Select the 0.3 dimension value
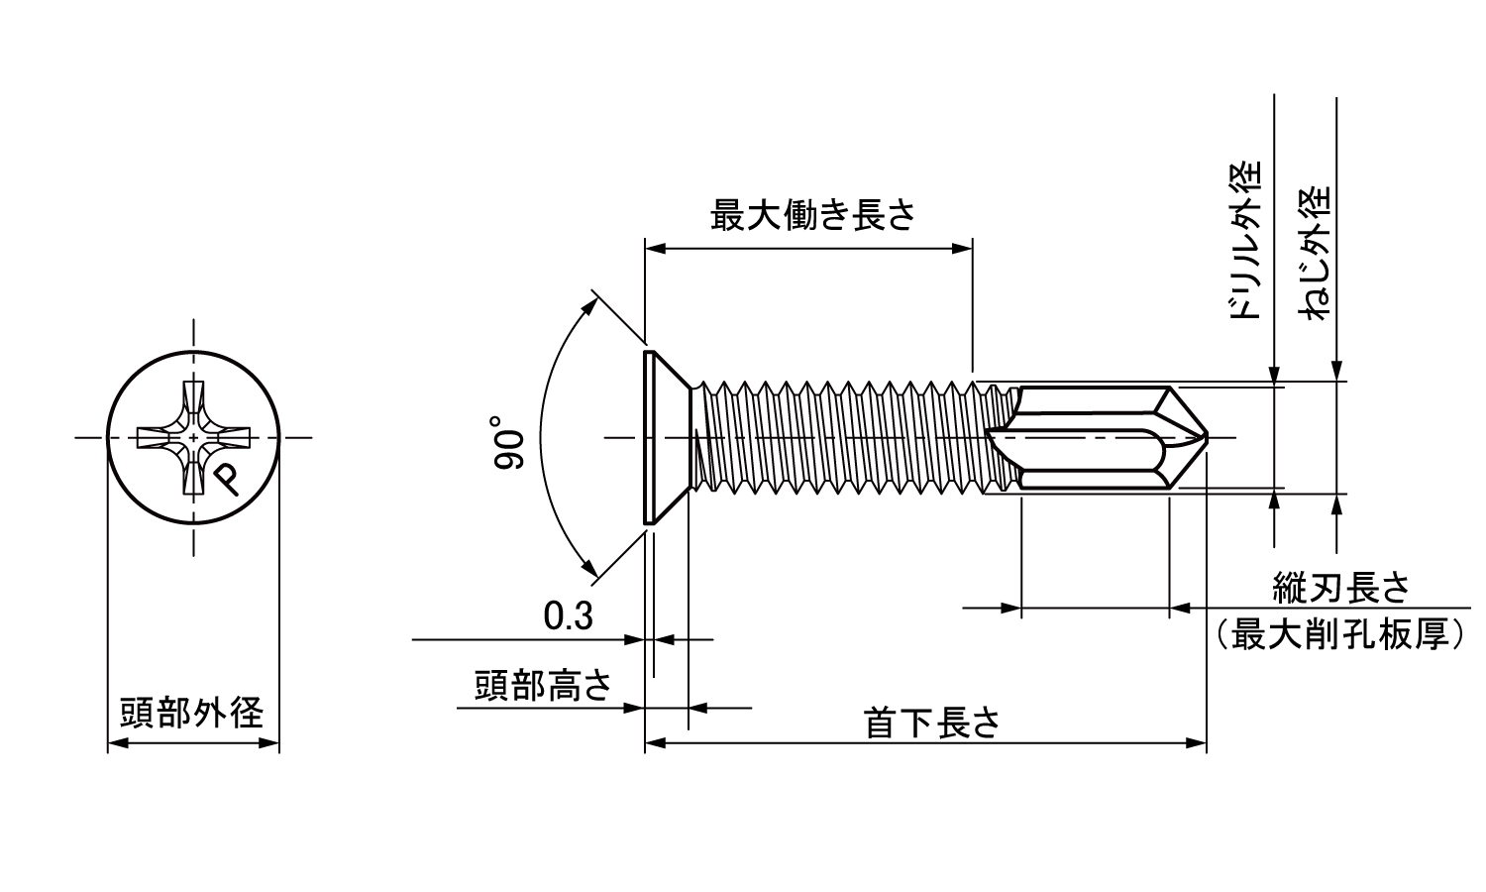(x=569, y=616)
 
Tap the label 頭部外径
(x=192, y=713)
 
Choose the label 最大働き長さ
(x=812, y=216)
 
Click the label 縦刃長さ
(x=1340, y=590)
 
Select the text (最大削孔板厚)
(x=1340, y=633)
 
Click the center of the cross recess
(x=194, y=437)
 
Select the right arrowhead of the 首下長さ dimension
(x=1198, y=741)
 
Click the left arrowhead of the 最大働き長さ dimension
(x=654, y=250)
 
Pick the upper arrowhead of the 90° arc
(x=590, y=304)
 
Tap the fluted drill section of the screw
(x=1100, y=436)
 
